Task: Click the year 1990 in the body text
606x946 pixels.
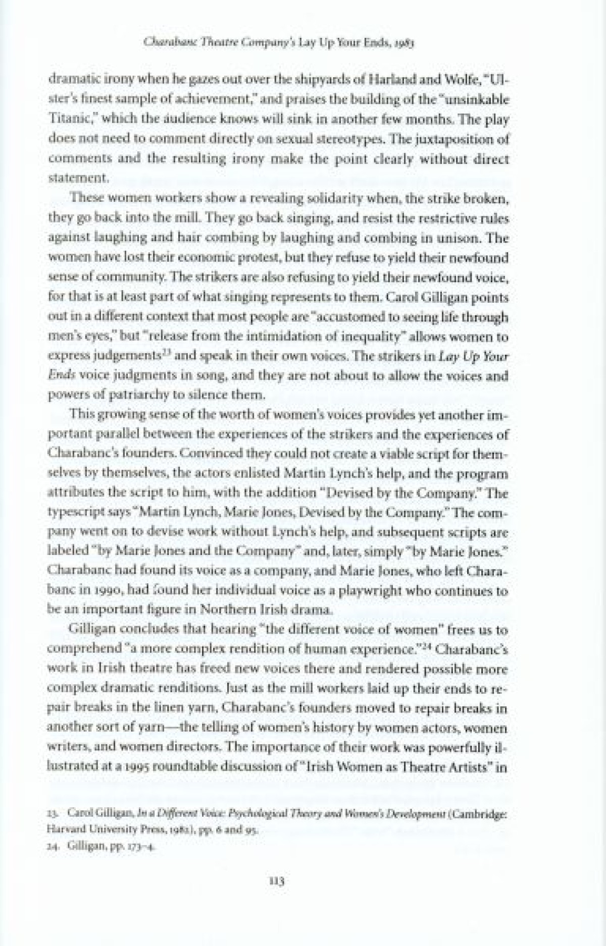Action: pos(119,591)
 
